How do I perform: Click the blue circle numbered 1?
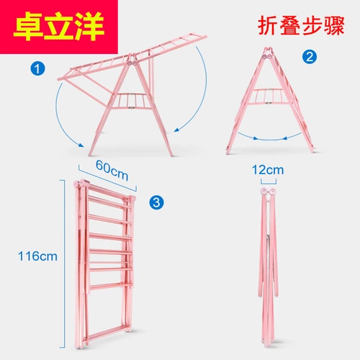pos(37,68)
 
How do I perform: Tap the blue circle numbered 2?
pos(310,57)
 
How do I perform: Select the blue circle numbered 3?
pos(156,202)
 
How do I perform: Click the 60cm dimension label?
pos(112,170)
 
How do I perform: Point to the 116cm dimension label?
pos(37,256)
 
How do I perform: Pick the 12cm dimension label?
pos(268,170)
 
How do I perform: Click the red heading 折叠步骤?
pos(301,26)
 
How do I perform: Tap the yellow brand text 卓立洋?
pos(59,26)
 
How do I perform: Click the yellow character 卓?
pos(28,26)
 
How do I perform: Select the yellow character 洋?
pos(89,26)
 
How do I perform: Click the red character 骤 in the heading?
pos(334,26)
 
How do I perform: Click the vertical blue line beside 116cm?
pos(64,264)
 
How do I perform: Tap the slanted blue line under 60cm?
pos(107,177)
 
